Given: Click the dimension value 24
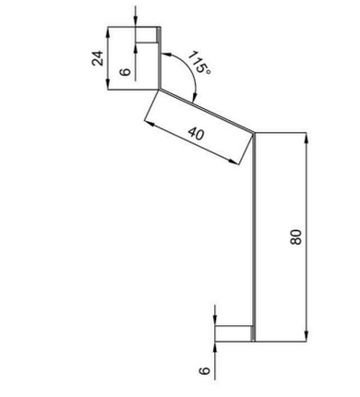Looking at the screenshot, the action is pyautogui.click(x=98, y=58).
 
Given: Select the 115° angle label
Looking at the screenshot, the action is pyautogui.click(x=199, y=63).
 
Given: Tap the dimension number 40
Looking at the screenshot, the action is pyautogui.click(x=196, y=134).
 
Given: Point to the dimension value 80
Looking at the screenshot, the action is pyautogui.click(x=296, y=236).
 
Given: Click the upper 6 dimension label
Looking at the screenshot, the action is pyautogui.click(x=125, y=72).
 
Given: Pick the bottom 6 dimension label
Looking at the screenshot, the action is pyautogui.click(x=204, y=370).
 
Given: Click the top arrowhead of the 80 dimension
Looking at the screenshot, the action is pyautogui.click(x=306, y=138).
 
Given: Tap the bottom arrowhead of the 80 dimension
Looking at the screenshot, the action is pyautogui.click(x=306, y=336).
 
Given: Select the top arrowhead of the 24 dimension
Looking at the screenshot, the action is pyautogui.click(x=108, y=32).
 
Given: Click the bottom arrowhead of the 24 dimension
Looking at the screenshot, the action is pyautogui.click(x=108, y=84).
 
